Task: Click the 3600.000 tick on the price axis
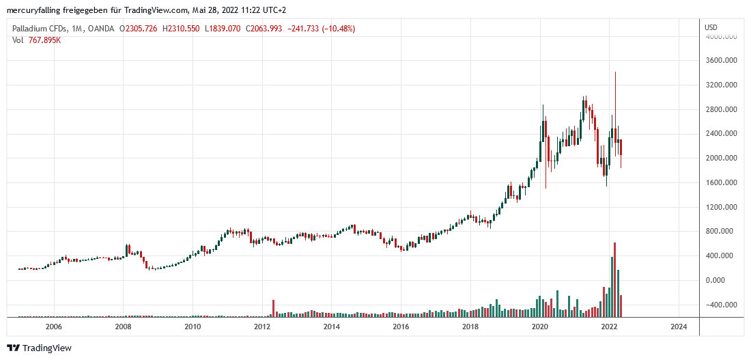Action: [720, 60]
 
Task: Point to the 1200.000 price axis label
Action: [720, 207]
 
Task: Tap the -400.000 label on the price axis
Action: [720, 305]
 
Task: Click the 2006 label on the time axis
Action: [53, 327]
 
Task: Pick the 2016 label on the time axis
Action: [401, 327]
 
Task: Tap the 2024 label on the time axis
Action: [679, 327]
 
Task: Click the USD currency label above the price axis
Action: [711, 27]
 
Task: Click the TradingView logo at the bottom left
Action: [40, 348]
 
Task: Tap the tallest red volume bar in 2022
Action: [615, 280]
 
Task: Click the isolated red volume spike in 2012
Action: [273, 308]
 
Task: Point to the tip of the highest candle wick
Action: [615, 72]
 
